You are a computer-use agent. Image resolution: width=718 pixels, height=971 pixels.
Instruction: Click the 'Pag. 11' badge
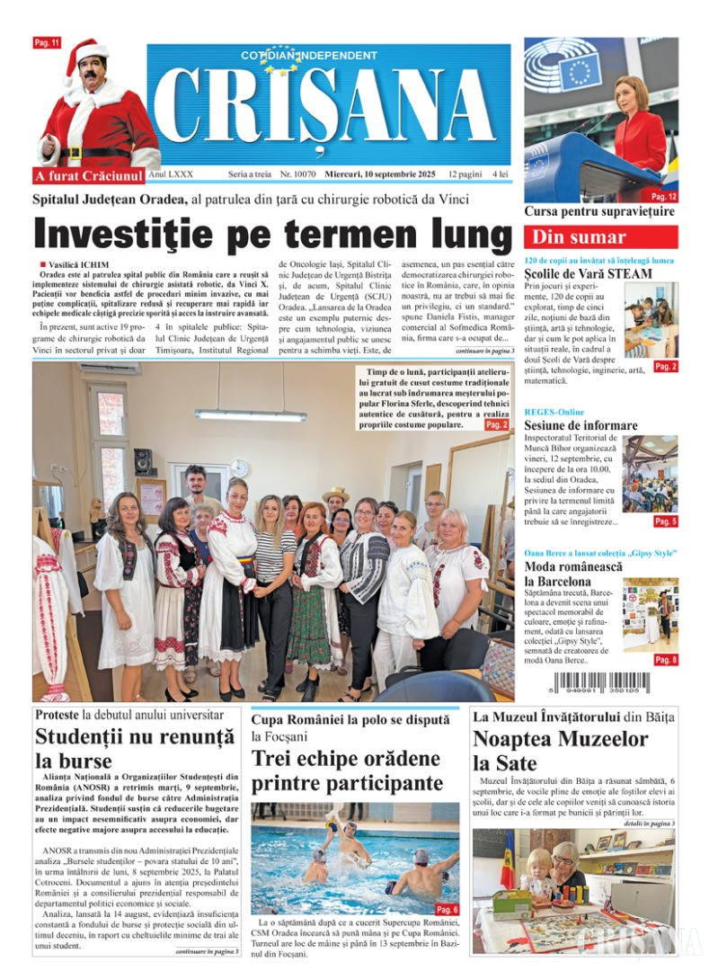tap(46, 42)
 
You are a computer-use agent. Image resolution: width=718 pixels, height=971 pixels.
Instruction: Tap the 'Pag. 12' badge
tap(664, 196)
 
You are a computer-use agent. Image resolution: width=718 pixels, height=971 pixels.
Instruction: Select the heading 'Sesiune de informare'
tap(581, 425)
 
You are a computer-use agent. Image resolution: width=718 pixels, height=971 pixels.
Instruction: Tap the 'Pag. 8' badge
tap(666, 660)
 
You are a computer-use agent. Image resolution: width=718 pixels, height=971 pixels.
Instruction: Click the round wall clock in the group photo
tap(240, 468)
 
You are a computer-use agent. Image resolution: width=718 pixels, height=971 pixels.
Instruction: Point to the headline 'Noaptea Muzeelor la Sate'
tap(561, 752)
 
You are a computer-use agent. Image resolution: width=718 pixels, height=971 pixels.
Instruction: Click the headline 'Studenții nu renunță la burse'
tap(135, 749)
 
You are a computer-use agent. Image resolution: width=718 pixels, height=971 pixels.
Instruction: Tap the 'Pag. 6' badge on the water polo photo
tap(447, 909)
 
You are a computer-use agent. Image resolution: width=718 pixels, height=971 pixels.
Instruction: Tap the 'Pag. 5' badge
tap(666, 521)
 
